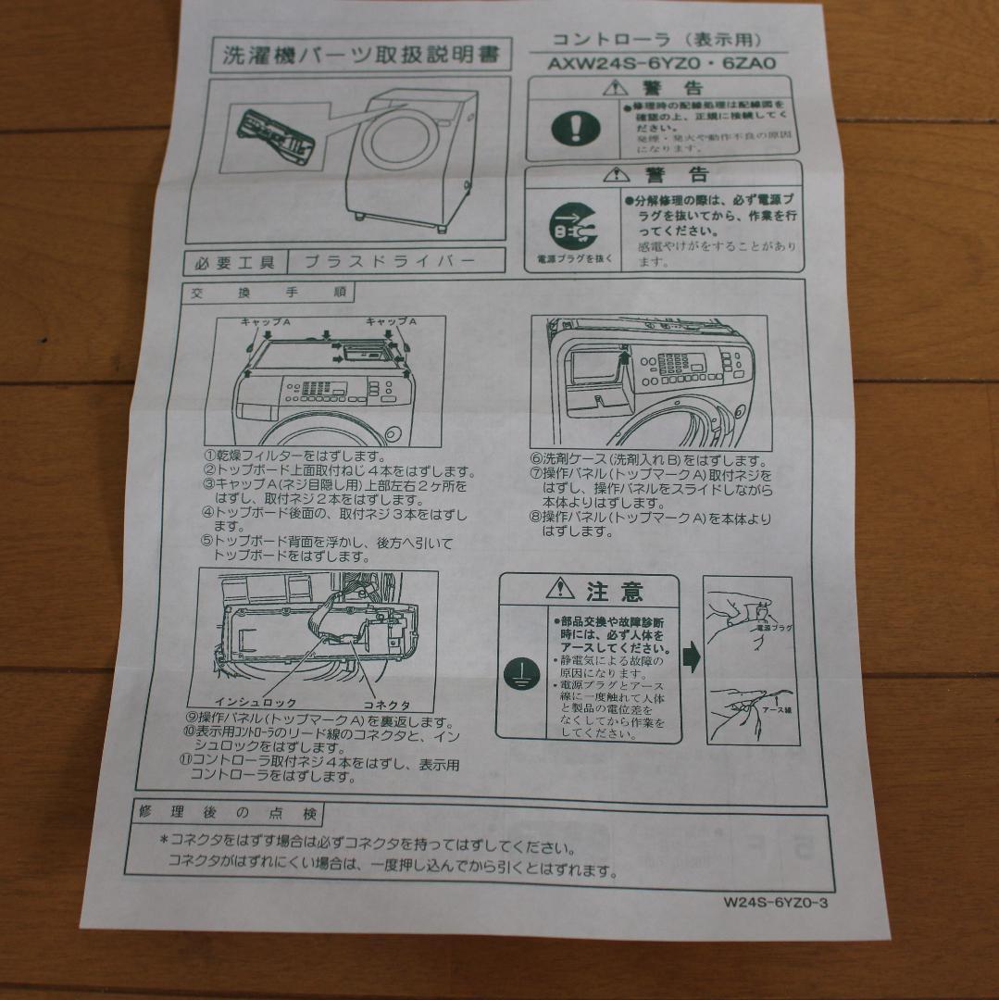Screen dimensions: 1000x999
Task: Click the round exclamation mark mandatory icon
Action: click(x=575, y=128)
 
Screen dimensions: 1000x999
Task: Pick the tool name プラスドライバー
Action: click(x=389, y=261)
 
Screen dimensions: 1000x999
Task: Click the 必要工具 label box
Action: click(x=235, y=262)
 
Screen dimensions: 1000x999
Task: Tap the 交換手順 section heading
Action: click(x=268, y=293)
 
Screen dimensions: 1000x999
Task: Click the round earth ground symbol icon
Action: click(x=521, y=675)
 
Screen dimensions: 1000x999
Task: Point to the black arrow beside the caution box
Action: click(x=692, y=658)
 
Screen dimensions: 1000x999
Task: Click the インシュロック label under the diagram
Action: click(x=256, y=703)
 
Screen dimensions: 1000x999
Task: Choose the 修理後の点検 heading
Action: click(x=228, y=814)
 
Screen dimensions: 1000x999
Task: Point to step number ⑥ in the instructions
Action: click(x=536, y=459)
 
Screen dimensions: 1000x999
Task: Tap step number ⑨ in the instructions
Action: click(x=192, y=721)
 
